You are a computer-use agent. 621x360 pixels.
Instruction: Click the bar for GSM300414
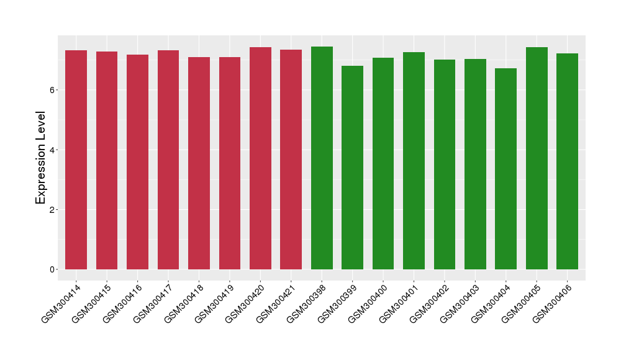(76, 160)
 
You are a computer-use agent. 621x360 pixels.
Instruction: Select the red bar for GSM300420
(260, 158)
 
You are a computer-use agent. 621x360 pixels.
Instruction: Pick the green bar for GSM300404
(505, 169)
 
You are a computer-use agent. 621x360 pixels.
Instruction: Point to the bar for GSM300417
(168, 160)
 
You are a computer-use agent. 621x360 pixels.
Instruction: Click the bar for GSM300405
(537, 158)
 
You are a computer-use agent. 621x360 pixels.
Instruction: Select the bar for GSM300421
(291, 160)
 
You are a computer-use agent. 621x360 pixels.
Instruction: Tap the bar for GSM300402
(444, 164)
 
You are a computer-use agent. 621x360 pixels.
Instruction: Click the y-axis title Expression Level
(41, 157)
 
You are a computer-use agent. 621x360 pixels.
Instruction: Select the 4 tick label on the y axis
(53, 150)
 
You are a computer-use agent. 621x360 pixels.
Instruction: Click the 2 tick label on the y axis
(53, 210)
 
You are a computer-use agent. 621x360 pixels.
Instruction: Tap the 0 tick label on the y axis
(53, 269)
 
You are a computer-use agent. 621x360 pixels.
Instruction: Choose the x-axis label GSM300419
(214, 301)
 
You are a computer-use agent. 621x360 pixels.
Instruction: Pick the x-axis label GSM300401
(399, 301)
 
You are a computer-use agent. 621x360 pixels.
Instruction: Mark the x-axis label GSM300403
(460, 301)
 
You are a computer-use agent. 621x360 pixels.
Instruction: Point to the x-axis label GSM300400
(368, 301)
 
